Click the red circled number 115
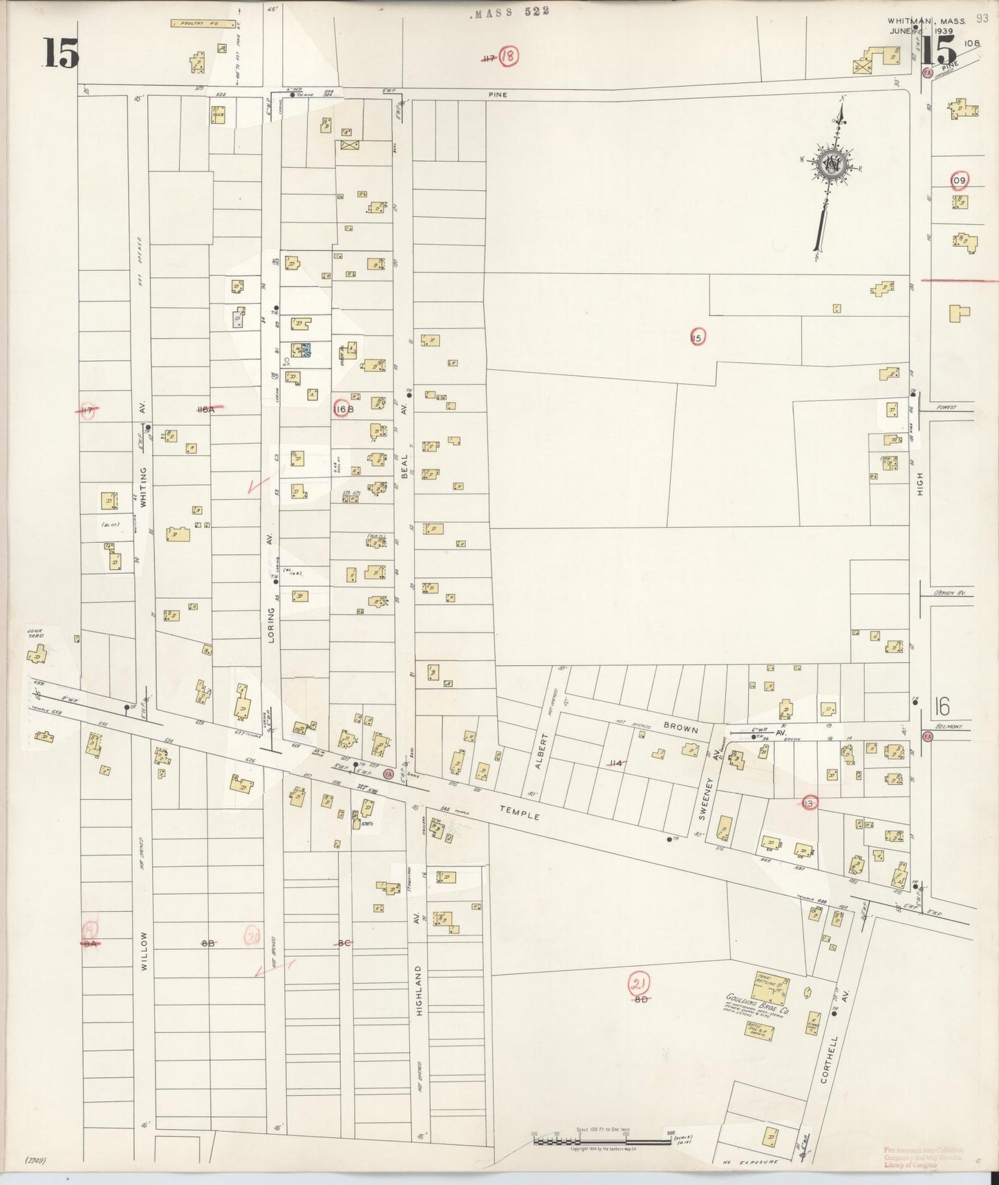pyautogui.click(x=697, y=337)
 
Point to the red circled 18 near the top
pyautogui.click(x=508, y=56)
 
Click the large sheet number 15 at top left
pyautogui.click(x=61, y=53)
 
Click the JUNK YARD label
pyautogui.click(x=35, y=633)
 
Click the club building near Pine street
pyautogui.click(x=218, y=114)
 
